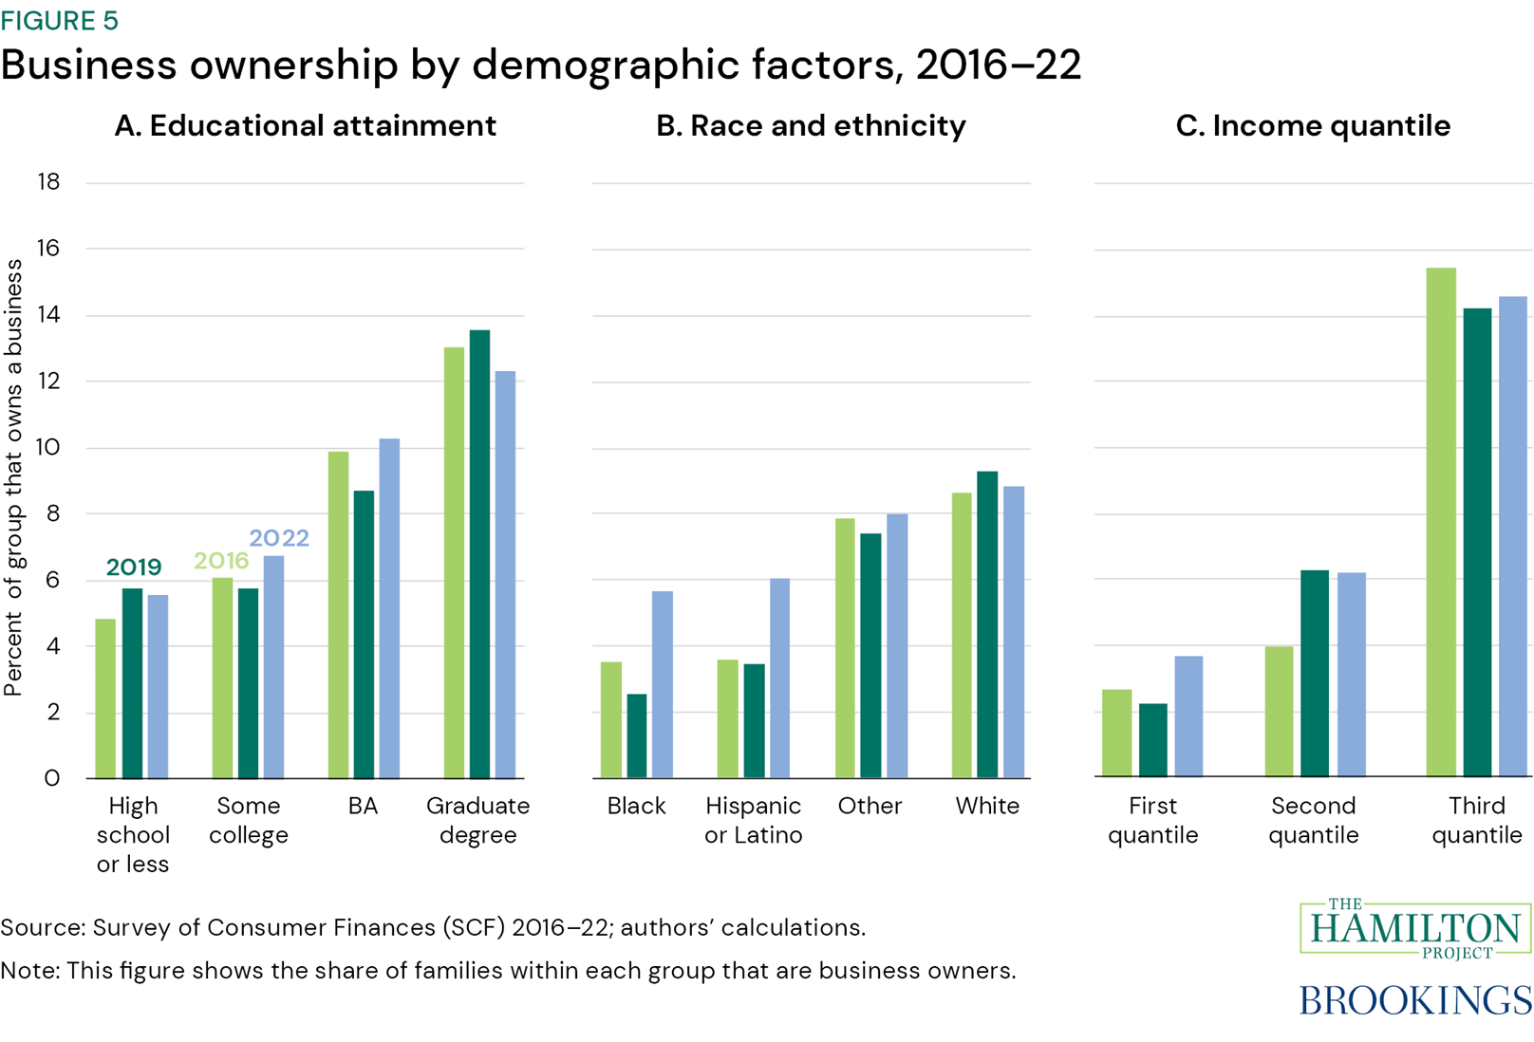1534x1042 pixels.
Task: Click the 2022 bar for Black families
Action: [662, 684]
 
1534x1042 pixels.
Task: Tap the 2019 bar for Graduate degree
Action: [479, 554]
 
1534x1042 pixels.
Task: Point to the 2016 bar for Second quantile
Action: [1279, 712]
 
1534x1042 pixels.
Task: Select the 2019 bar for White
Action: [987, 624]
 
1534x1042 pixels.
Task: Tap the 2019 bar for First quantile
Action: [1152, 740]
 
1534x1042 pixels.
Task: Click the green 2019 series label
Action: [134, 568]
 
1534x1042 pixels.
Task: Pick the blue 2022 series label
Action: [279, 538]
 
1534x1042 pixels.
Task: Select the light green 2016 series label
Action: [220, 561]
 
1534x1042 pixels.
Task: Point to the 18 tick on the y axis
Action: [48, 182]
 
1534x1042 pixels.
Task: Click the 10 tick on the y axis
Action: [48, 447]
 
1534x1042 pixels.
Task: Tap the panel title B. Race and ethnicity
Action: [811, 125]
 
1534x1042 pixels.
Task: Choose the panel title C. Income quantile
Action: [1313, 125]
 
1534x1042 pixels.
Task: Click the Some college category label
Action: [249, 820]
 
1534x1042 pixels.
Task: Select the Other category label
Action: [870, 806]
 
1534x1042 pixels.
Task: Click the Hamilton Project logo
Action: [1414, 928]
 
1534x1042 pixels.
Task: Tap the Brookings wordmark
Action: [1414, 1000]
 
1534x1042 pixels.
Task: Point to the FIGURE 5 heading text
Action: [59, 20]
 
